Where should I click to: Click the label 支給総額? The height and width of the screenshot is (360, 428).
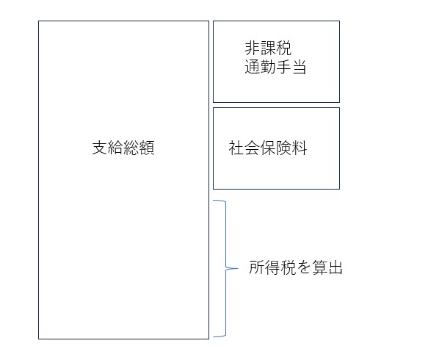(123, 148)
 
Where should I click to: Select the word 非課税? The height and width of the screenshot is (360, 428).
(268, 48)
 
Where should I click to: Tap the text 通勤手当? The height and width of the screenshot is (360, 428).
(275, 67)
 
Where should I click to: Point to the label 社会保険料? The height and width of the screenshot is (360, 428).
(268, 148)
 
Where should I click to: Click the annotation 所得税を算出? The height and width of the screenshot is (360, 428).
(296, 267)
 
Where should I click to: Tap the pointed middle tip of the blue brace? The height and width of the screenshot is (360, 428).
(237, 268)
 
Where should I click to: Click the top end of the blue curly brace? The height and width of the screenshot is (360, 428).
(214, 201)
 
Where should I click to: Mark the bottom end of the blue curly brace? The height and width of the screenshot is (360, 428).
(214, 336)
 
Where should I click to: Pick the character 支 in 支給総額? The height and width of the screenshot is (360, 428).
(100, 148)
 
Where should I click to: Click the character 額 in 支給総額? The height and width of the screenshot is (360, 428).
(147, 148)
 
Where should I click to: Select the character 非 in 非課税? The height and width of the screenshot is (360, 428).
(252, 48)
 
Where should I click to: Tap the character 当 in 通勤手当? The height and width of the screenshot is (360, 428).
(299, 67)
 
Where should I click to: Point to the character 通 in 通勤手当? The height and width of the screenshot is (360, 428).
(252, 67)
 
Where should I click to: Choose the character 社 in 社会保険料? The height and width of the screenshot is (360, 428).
(236, 148)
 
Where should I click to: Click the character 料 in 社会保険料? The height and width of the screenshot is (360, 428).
(300, 148)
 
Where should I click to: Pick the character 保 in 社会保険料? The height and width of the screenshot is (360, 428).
(268, 148)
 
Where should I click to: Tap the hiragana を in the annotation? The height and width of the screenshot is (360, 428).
(303, 267)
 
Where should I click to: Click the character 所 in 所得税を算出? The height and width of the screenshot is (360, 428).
(256, 267)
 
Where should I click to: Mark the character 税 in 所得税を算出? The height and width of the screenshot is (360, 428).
(288, 267)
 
